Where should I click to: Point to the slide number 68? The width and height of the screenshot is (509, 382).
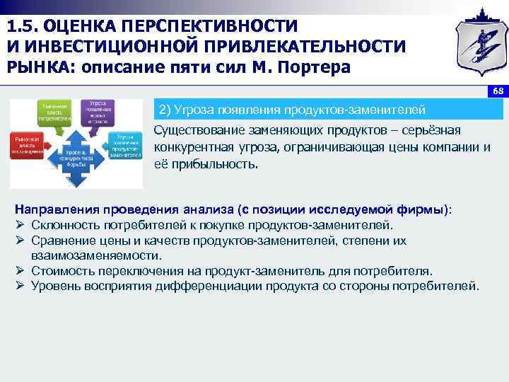tap(497, 93)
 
